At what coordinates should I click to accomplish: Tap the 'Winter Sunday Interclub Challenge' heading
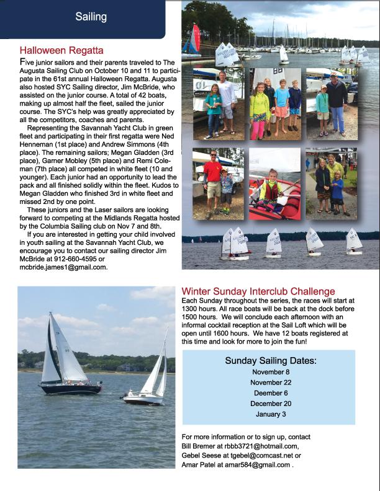click(x=258, y=291)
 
